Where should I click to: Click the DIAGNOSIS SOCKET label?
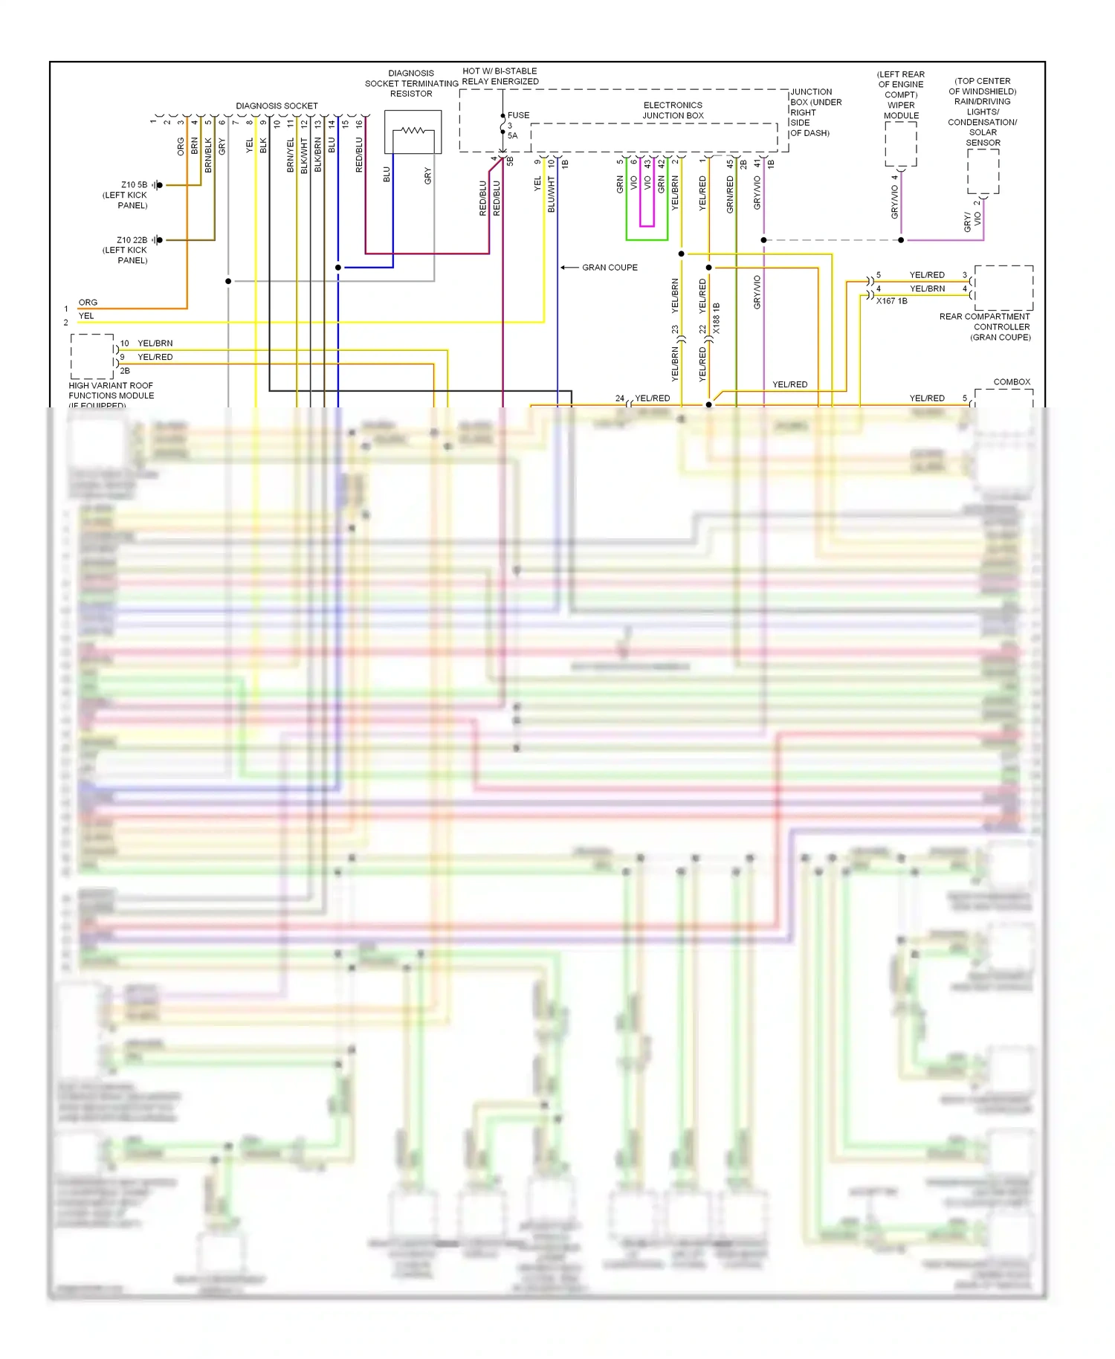tap(277, 106)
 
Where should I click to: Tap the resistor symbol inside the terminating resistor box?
tap(413, 131)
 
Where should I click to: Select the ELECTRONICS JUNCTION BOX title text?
tap(673, 110)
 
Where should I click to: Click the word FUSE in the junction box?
tap(518, 115)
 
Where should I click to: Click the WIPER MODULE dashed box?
tap(901, 143)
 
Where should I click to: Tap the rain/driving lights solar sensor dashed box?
tap(983, 172)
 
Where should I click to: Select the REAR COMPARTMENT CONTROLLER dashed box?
tap(1003, 288)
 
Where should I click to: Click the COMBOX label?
tap(1012, 382)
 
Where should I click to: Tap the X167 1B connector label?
tap(891, 301)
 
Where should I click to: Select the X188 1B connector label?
tap(717, 317)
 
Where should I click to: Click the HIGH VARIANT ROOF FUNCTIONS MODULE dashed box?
tap(92, 357)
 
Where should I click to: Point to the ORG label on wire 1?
tap(88, 303)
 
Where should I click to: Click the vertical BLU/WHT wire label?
tap(552, 194)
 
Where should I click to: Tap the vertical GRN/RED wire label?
tap(730, 195)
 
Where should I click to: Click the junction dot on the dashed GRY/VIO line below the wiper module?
tap(901, 240)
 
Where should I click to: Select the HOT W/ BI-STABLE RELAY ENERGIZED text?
tap(500, 77)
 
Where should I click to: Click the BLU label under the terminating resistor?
tap(387, 175)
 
